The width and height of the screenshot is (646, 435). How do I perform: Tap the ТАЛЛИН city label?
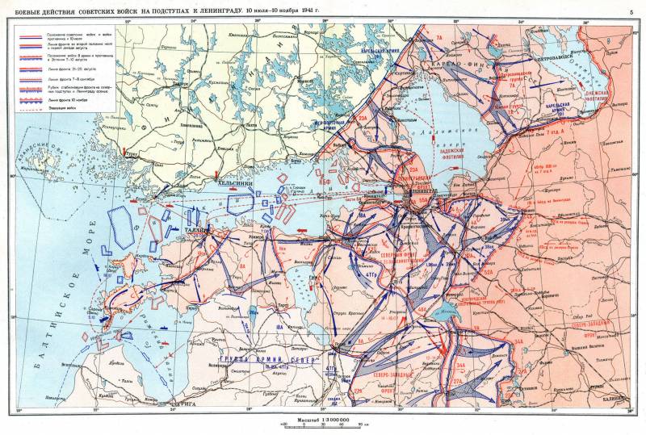click(x=198, y=229)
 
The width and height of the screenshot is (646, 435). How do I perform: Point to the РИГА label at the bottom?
click(x=185, y=401)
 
